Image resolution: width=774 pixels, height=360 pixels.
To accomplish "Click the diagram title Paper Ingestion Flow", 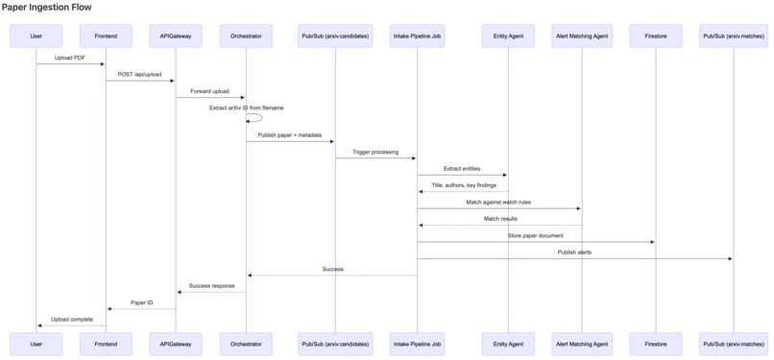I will click(46, 7).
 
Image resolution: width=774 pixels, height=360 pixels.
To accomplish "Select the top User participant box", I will click(36, 36).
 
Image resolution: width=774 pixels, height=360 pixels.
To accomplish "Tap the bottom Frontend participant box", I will click(106, 344).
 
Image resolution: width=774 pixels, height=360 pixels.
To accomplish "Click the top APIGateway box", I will click(176, 36).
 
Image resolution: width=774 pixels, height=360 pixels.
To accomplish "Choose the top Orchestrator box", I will click(246, 36).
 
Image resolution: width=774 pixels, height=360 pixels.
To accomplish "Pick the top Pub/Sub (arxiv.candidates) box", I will click(334, 36).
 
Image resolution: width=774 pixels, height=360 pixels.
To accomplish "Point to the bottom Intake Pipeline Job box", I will click(418, 344).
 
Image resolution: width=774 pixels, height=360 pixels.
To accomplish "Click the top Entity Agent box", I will click(508, 36).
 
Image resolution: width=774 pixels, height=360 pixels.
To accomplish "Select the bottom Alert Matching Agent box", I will click(582, 344).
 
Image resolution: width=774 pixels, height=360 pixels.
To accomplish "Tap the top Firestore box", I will click(656, 36).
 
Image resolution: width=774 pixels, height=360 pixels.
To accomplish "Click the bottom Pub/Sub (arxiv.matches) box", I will click(734, 344).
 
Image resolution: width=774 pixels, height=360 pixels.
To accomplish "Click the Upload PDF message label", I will click(70, 58).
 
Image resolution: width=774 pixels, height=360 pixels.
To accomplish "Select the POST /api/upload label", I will click(140, 74).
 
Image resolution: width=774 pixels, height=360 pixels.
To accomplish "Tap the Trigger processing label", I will click(375, 152).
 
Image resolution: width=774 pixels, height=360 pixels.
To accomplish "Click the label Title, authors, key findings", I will click(463, 185).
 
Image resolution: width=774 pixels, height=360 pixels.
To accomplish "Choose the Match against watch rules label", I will click(498, 203).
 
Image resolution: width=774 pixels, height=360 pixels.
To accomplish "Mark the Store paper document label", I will click(536, 235).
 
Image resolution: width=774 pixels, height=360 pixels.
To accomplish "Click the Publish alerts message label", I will click(574, 252).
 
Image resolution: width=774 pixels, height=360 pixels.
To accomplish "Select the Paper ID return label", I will click(141, 302).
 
